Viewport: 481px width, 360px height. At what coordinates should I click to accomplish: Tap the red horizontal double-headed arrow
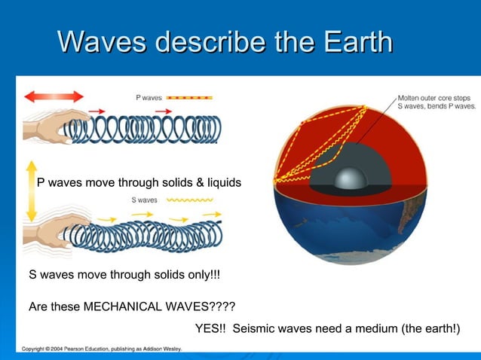coord(54,96)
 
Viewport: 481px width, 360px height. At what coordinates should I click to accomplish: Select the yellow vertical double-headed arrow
coord(31,191)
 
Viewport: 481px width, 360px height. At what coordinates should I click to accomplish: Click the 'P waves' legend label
coord(149,97)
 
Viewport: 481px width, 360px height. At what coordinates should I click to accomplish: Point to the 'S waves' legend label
coord(144,200)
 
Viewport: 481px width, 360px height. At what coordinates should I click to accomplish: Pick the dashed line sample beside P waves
coord(189,97)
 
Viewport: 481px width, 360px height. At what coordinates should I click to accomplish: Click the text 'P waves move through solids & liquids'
coord(139,182)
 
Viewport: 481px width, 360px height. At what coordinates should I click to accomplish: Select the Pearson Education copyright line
coord(102,349)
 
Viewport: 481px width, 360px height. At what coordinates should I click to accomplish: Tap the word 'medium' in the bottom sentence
coord(352,329)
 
